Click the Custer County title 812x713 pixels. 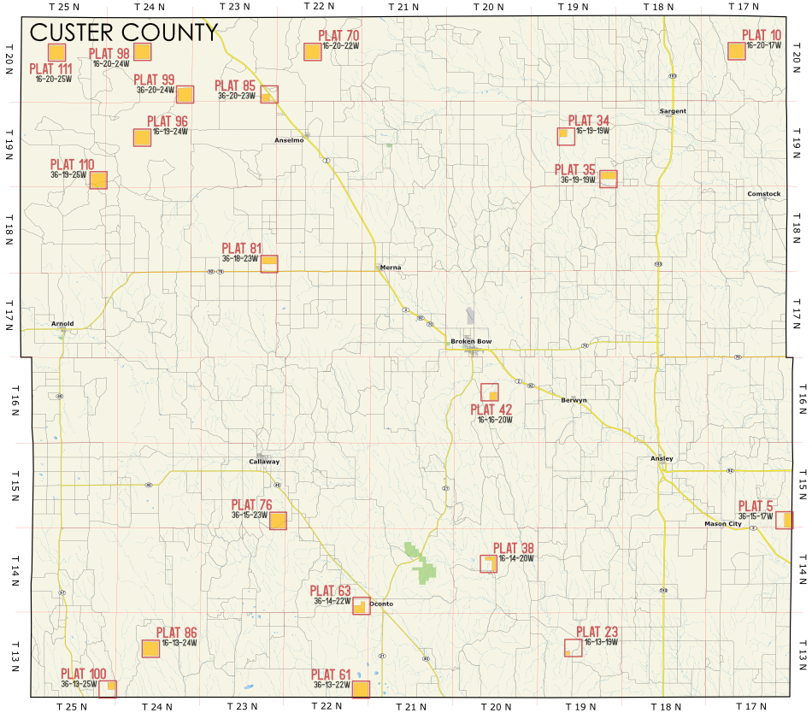123,32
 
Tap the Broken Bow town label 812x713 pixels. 471,342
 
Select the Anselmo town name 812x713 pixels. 288,140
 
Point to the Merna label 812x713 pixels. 390,268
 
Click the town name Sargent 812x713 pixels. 673,111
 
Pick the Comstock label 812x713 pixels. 763,194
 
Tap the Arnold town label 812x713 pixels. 62,323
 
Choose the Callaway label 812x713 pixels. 264,462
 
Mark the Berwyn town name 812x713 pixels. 574,400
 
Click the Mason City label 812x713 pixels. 723,523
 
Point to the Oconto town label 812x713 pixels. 381,604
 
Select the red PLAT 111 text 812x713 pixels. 51,69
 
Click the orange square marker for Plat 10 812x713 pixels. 736,51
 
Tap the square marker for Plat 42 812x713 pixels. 490,392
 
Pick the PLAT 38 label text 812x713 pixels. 514,548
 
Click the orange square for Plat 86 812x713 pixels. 150,649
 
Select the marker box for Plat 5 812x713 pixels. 784,520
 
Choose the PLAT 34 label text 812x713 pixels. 589,121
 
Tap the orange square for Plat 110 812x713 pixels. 98,180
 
